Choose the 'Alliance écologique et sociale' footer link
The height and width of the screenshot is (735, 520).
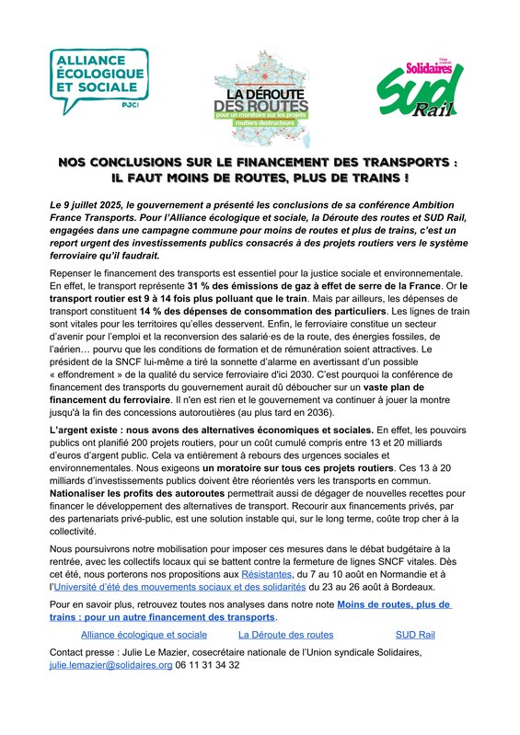click(x=144, y=635)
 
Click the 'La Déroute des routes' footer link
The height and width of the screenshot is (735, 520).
click(x=285, y=635)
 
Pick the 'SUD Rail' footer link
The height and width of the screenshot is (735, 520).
click(x=415, y=635)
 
